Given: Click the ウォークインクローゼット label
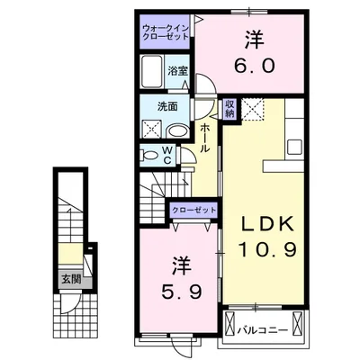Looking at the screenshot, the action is [166, 32].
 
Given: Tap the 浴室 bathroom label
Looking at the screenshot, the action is [177, 71].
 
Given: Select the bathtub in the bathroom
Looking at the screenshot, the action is [152, 71].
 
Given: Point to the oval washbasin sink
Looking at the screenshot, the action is [177, 131].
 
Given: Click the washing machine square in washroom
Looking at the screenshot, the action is [152, 129].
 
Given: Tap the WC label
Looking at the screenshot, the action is [166, 156].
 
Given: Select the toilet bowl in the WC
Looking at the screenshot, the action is [150, 156].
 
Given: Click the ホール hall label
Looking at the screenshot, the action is [204, 138].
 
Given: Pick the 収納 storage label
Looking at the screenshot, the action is [229, 109].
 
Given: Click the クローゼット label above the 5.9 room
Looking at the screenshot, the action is [193, 210].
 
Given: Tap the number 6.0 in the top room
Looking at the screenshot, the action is [254, 66].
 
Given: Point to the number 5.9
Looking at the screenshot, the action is [181, 291].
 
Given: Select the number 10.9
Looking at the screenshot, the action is [267, 250].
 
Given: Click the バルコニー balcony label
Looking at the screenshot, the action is [263, 330].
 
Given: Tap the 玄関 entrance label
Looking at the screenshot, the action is [71, 280].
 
